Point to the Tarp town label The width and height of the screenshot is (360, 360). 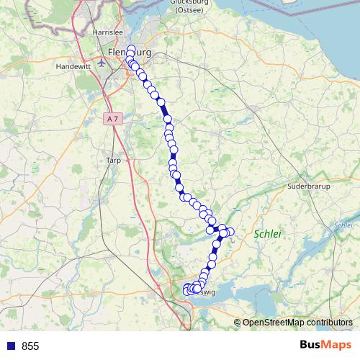click(113, 161)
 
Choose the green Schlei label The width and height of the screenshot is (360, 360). click(266, 233)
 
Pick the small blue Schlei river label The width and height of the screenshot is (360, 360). click(343, 225)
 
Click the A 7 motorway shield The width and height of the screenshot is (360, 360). click(112, 117)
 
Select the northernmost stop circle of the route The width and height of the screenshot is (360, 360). click(131, 49)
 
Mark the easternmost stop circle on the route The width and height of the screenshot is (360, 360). click(230, 232)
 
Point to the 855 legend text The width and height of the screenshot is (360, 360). click(30, 346)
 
